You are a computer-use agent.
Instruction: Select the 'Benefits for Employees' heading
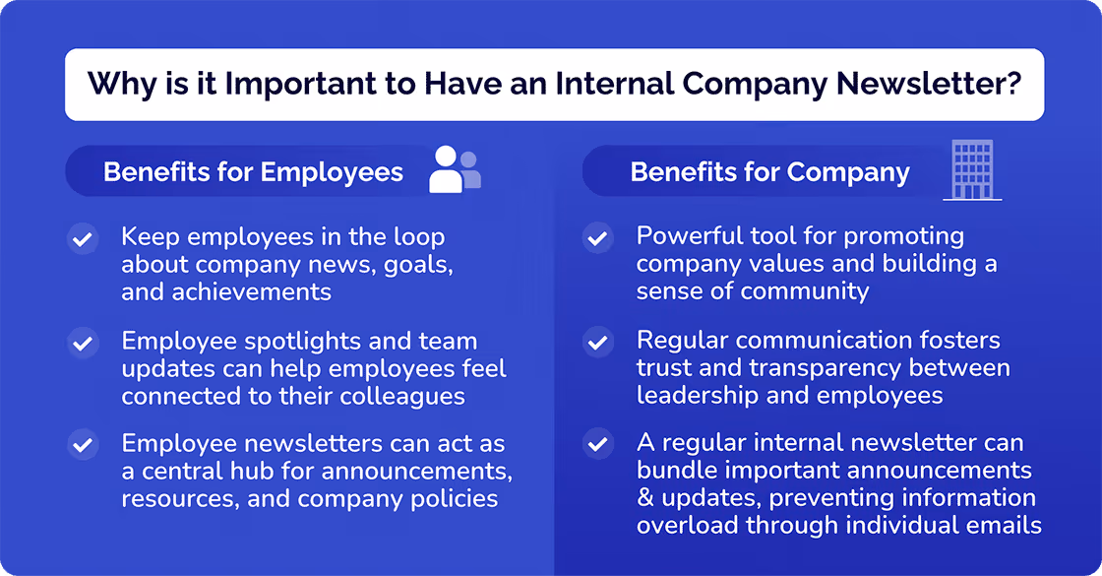click(x=253, y=172)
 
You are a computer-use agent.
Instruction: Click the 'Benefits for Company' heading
click(x=769, y=172)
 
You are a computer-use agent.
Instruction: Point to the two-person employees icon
click(x=455, y=169)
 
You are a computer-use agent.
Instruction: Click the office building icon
click(x=972, y=169)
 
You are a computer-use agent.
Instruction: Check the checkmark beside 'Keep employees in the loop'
click(x=83, y=239)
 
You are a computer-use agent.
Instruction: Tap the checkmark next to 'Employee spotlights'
click(x=83, y=343)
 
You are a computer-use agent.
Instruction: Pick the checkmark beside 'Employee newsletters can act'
click(x=83, y=445)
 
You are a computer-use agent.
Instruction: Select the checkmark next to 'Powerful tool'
click(x=597, y=238)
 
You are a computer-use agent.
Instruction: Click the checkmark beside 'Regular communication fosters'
click(x=597, y=343)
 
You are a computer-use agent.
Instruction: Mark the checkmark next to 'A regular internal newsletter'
click(x=597, y=445)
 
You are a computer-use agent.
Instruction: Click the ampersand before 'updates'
click(x=645, y=498)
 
